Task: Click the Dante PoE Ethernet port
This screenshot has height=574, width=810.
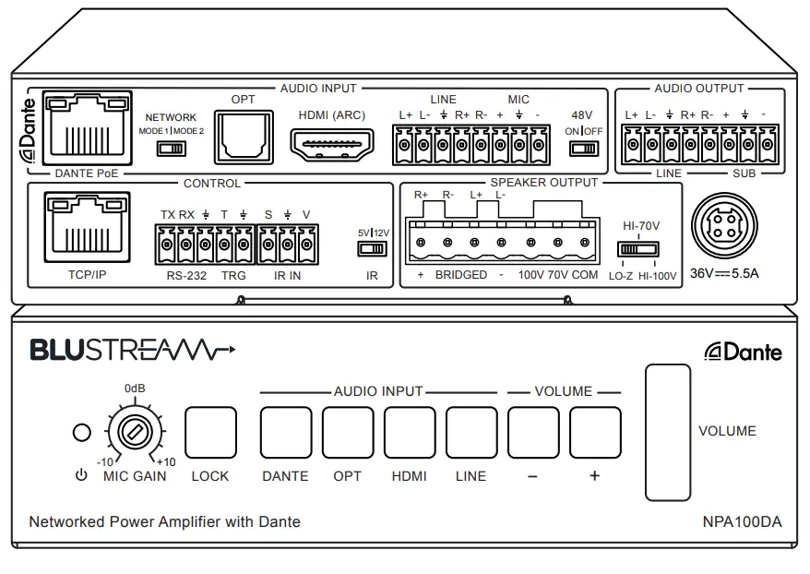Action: pos(85,128)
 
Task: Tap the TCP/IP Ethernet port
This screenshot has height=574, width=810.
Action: pos(85,227)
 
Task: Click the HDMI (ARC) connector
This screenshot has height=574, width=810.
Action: pos(332,144)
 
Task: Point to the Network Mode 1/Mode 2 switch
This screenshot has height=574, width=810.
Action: pos(171,148)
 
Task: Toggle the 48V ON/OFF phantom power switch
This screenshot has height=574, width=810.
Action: pos(583,148)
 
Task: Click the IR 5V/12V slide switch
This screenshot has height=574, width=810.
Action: pos(374,248)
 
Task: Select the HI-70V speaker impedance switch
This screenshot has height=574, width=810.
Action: pos(640,249)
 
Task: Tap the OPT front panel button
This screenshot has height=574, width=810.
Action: pos(348,433)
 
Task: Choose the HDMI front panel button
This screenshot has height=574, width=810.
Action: pos(410,433)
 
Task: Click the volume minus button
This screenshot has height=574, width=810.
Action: pos(533,433)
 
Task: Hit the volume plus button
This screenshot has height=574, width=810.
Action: pos(595,433)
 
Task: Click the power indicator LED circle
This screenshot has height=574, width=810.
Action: pos(82,433)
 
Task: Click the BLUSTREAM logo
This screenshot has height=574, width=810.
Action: pos(133,351)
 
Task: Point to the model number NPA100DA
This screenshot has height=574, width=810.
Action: pos(741,521)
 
